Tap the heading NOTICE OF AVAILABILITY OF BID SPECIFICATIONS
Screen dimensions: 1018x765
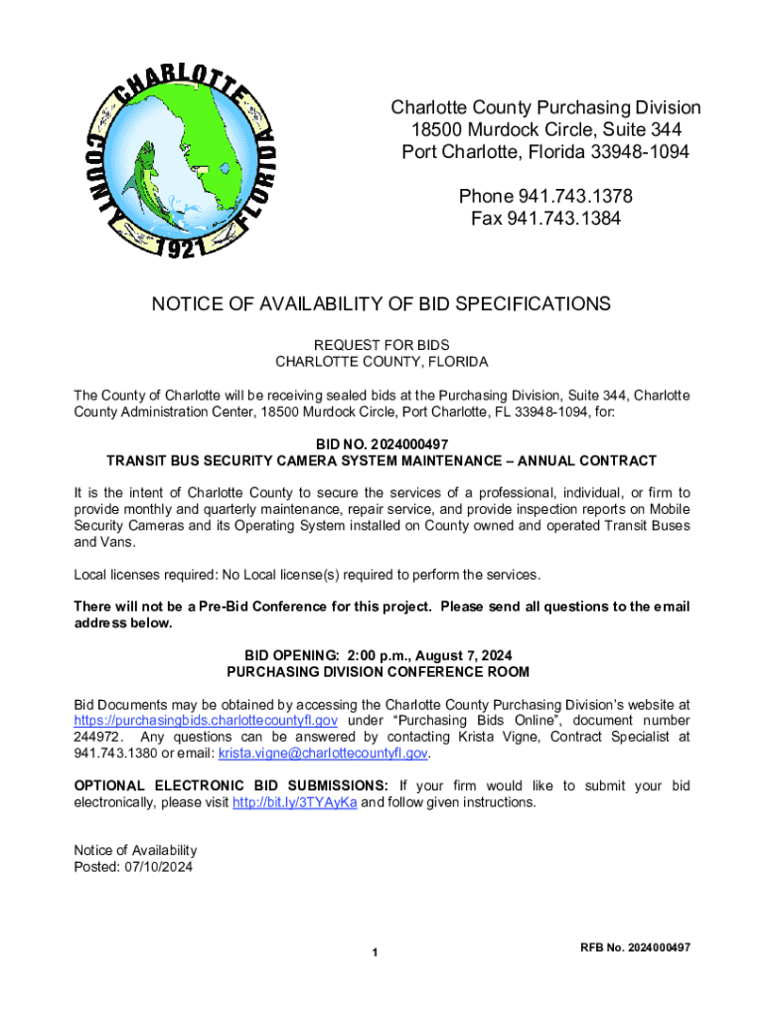[x=381, y=303]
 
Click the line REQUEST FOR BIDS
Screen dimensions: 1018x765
[x=382, y=346]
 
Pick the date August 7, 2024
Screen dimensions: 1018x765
[x=465, y=655]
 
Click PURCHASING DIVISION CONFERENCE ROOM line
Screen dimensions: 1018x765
[x=382, y=672]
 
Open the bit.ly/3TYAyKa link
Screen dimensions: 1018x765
[x=294, y=802]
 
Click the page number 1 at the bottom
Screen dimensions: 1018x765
[x=376, y=954]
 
